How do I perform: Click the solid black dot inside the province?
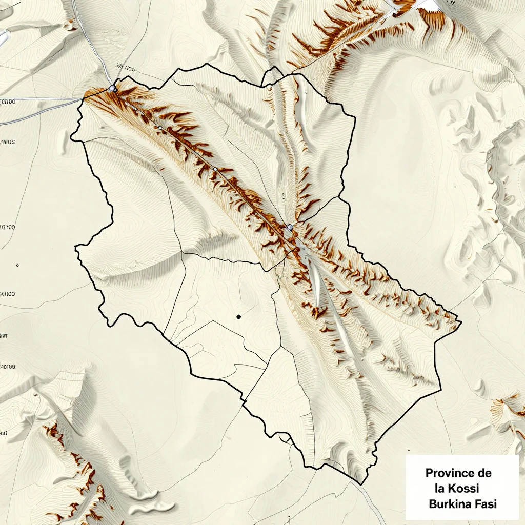click(238, 317)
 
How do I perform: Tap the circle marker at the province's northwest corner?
click(113, 89)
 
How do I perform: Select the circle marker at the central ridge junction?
click(290, 227)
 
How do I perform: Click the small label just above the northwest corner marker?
click(126, 67)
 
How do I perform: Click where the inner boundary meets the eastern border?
click(340, 196)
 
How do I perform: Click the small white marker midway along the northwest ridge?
click(215, 169)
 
